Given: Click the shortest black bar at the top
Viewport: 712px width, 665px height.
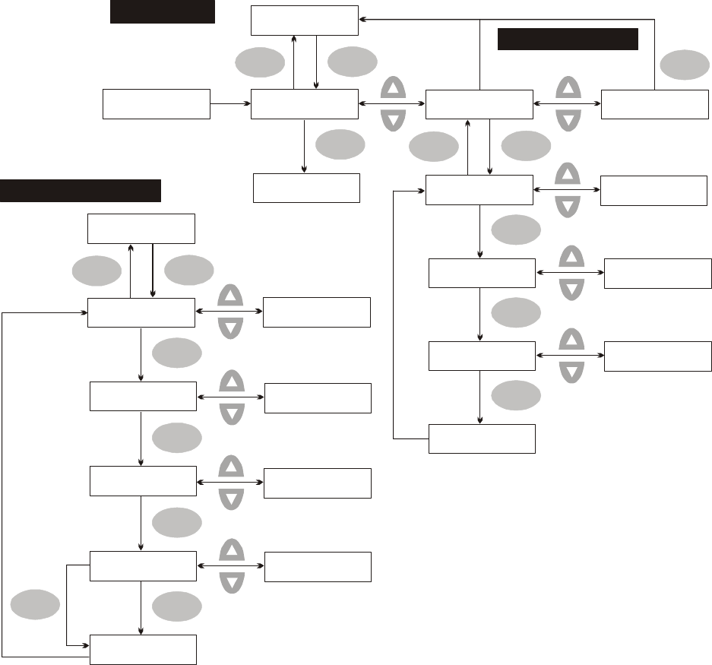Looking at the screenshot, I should pyautogui.click(x=163, y=12).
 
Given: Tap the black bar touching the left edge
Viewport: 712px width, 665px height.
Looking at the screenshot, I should pyautogui.click(x=81, y=191).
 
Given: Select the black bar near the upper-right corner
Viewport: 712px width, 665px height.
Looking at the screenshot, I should pyautogui.click(x=567, y=39).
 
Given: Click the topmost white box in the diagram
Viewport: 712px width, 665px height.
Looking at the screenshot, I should pyautogui.click(x=304, y=20).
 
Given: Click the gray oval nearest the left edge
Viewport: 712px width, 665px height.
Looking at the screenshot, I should pyautogui.click(x=35, y=606).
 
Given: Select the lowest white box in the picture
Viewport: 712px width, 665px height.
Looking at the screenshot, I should pyautogui.click(x=144, y=649).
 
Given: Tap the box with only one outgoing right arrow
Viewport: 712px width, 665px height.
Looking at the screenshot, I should pyautogui.click(x=156, y=103).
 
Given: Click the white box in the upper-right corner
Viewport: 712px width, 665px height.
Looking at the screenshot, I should pyautogui.click(x=654, y=104).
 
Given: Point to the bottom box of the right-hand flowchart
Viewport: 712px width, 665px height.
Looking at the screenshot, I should pyautogui.click(x=482, y=438).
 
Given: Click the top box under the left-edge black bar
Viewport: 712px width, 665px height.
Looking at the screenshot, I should pyautogui.click(x=141, y=228).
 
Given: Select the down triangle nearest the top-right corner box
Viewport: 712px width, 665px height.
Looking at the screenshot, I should pyautogui.click(x=568, y=119).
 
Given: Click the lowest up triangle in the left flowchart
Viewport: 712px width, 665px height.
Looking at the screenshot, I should pyautogui.click(x=231, y=550).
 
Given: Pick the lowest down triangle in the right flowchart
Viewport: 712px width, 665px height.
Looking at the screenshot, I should pyautogui.click(x=571, y=371).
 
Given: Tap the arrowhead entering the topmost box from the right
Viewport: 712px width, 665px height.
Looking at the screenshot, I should pyautogui.click(x=362, y=19).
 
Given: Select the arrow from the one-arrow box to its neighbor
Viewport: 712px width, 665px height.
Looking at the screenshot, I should pyautogui.click(x=230, y=103).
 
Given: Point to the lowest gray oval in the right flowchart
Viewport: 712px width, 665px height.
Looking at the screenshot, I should pyautogui.click(x=517, y=395).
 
